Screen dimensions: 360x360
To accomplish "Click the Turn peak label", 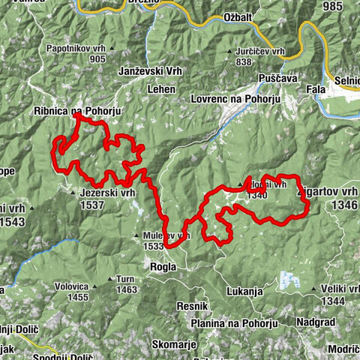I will click(126, 278).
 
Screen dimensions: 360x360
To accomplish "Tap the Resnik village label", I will click(191, 307).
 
